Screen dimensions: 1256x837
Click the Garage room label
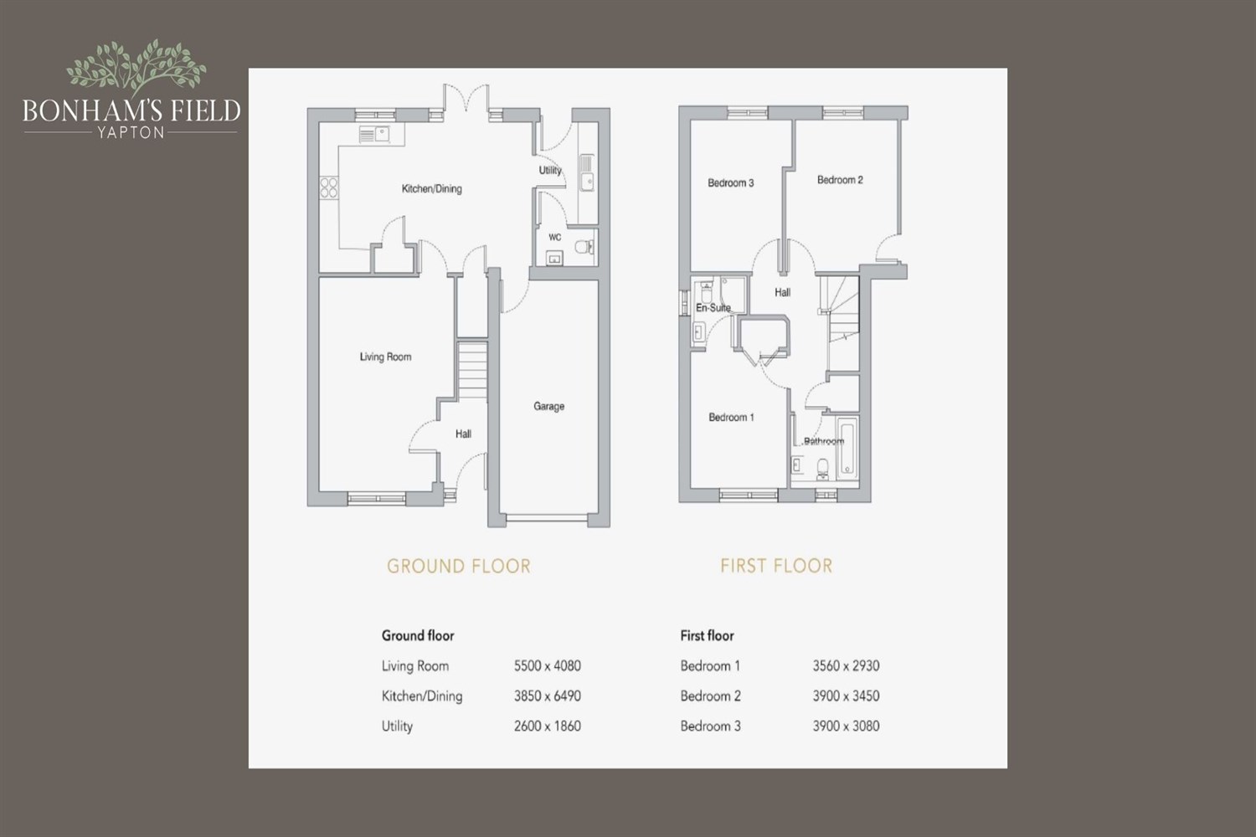pyautogui.click(x=548, y=406)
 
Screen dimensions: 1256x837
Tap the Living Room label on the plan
pyautogui.click(x=385, y=357)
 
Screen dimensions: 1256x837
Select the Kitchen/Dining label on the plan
pyautogui.click(x=432, y=189)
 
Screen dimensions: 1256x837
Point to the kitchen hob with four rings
pyautogui.click(x=328, y=187)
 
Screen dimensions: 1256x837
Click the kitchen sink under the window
pyautogui.click(x=374, y=135)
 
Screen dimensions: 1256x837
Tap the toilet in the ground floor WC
pyautogui.click(x=584, y=247)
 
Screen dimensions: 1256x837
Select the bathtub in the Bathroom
pyautogui.click(x=847, y=447)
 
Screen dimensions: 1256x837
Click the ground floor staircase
pyautogui.click(x=473, y=371)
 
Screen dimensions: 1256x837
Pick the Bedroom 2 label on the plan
pyautogui.click(x=840, y=180)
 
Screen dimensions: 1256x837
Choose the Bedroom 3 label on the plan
pyautogui.click(x=731, y=182)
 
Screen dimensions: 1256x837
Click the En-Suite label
pyautogui.click(x=713, y=308)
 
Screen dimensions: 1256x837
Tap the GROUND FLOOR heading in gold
pyautogui.click(x=459, y=566)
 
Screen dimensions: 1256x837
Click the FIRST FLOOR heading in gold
pyautogui.click(x=776, y=566)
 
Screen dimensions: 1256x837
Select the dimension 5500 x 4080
pyautogui.click(x=548, y=666)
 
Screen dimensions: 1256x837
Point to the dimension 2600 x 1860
pyautogui.click(x=548, y=726)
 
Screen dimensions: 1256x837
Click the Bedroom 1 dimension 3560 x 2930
pyautogui.click(x=846, y=666)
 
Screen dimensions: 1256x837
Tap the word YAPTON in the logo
pyautogui.click(x=131, y=133)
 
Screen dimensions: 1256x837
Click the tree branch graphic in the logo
pyautogui.click(x=136, y=66)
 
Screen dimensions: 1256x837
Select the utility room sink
pyautogui.click(x=586, y=173)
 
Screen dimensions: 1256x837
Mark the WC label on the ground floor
pyautogui.click(x=554, y=237)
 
